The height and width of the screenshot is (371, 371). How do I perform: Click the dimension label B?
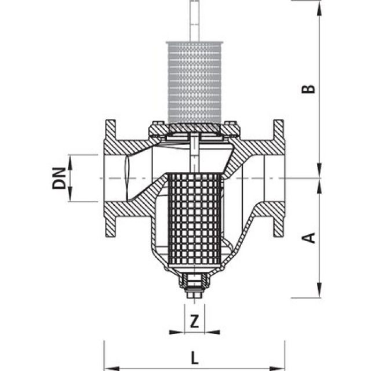310,88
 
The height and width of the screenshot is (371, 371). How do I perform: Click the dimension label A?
310,237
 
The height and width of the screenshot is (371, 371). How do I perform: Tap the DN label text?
59,178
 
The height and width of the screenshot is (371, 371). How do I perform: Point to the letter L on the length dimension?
194,355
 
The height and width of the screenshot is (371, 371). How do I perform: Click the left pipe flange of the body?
110,178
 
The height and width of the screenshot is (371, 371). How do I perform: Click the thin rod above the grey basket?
194,20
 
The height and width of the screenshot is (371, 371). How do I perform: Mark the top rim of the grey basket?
194,43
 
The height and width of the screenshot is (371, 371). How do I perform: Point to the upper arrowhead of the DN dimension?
71,158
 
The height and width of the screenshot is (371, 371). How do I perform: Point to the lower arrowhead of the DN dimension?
71,198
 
